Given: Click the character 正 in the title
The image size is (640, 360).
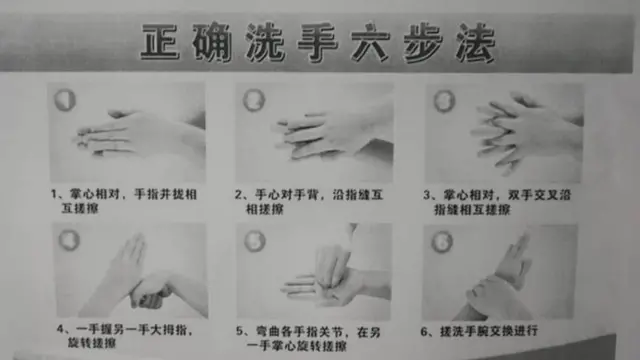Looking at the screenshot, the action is tap(160, 42).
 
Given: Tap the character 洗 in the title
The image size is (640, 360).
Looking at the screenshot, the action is tap(265, 43).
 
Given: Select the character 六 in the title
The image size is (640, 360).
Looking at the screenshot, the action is tap(370, 43).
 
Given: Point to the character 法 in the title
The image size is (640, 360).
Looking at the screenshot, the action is tap(476, 43).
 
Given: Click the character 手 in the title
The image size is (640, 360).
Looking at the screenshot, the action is tap(318, 43).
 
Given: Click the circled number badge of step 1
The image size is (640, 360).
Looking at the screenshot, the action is tap(65, 100).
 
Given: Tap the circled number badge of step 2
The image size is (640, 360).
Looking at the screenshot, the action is tap(254, 100).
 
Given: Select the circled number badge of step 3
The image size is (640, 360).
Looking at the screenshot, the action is tap(444, 101).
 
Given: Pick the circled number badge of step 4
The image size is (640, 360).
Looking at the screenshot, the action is tap(69, 240).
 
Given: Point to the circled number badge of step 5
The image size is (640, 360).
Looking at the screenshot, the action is tap(255, 241).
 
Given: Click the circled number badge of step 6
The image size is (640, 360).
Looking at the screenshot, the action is tap(442, 242).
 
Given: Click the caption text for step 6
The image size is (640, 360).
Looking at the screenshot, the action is tap(479, 331).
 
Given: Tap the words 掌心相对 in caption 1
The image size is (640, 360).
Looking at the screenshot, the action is tap(95, 194).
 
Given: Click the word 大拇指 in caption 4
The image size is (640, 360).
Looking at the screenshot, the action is tap(169, 329).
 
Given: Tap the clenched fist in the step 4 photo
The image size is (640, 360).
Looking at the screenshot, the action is tap(150, 292).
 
